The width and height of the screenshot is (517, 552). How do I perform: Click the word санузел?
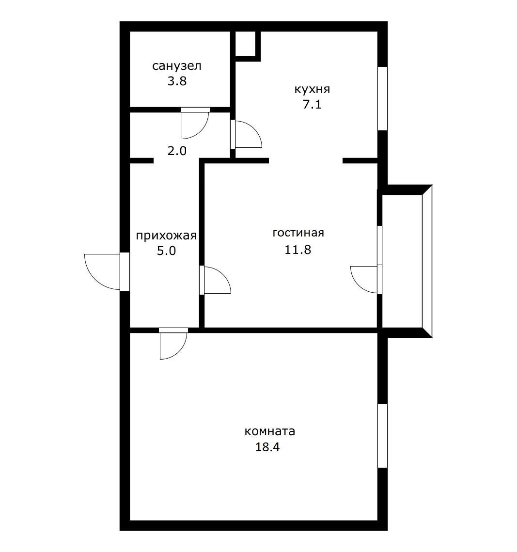click(x=176, y=66)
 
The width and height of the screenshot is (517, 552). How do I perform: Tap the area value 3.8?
click(x=176, y=81)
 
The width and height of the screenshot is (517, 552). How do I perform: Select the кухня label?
click(x=312, y=89)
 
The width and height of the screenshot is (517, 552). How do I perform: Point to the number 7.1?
click(x=312, y=105)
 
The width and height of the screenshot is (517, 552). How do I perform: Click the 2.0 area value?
click(x=176, y=151)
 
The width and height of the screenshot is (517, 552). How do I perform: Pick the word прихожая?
click(x=166, y=236)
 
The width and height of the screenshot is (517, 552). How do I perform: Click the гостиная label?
click(x=298, y=233)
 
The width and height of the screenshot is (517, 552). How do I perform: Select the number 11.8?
click(x=298, y=250)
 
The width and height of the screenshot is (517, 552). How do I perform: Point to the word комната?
click(x=269, y=431)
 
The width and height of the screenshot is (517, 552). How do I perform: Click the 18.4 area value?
click(x=267, y=447)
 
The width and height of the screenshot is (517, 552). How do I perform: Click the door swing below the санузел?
click(x=195, y=125)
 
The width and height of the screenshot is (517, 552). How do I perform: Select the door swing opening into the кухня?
click(x=247, y=135)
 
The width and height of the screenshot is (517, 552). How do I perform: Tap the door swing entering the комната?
click(x=172, y=345)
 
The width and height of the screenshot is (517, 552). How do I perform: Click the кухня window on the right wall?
click(x=382, y=98)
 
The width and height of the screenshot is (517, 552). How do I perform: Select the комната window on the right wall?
click(x=382, y=436)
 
